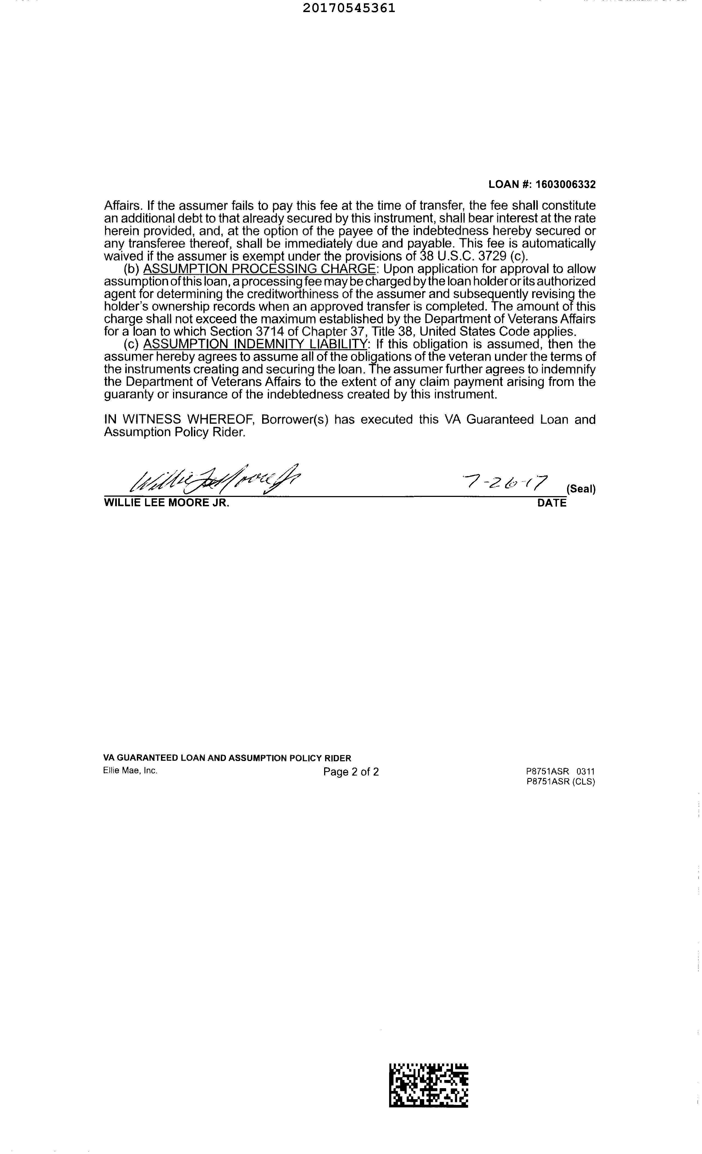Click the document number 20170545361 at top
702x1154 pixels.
click(349, 8)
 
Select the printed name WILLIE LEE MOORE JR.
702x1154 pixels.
click(167, 503)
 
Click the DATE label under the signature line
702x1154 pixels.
click(552, 503)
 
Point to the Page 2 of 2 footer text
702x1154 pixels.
click(351, 772)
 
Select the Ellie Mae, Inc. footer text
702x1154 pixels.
click(130, 770)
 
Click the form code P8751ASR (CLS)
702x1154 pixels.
click(561, 781)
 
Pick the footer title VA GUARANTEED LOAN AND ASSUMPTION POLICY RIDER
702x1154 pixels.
click(227, 758)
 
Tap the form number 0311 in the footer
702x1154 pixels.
click(585, 771)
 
